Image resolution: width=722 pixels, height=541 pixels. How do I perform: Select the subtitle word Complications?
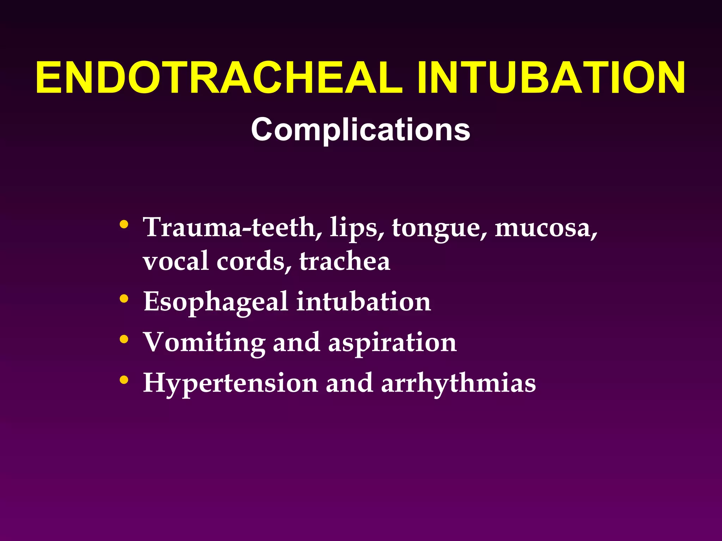(361, 130)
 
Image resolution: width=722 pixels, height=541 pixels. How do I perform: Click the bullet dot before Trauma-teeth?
(124, 224)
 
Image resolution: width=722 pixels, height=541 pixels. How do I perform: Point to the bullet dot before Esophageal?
(124, 299)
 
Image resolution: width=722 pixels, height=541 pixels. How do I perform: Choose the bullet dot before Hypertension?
(124, 380)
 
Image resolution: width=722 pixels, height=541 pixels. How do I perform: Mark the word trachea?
(344, 261)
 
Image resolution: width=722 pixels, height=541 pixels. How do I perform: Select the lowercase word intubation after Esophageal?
(363, 301)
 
